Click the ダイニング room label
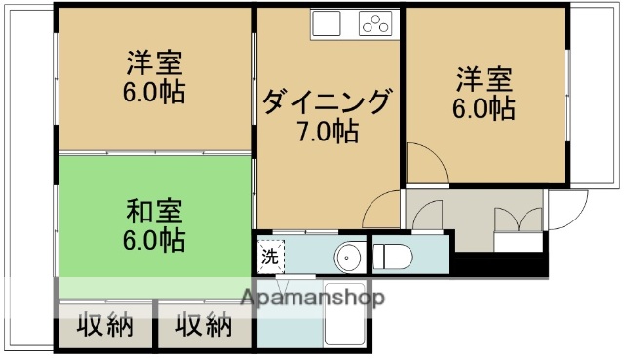tap(328, 101)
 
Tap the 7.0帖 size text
tap(328, 130)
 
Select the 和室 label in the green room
tap(155, 210)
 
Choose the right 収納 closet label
tap(204, 326)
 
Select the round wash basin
tap(347, 258)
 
